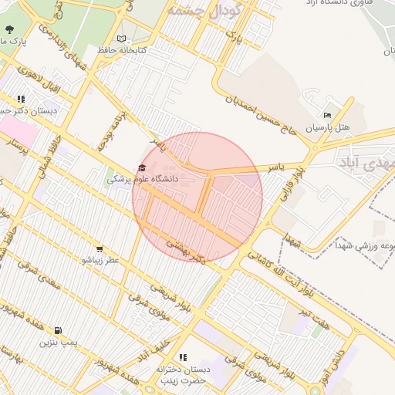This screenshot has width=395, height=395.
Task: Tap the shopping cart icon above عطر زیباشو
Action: click(100, 248)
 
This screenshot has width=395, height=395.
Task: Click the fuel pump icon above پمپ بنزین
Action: click(59, 330)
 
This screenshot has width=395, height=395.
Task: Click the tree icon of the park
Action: click(9, 29)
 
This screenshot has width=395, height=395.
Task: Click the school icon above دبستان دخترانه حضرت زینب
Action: click(183, 358)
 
